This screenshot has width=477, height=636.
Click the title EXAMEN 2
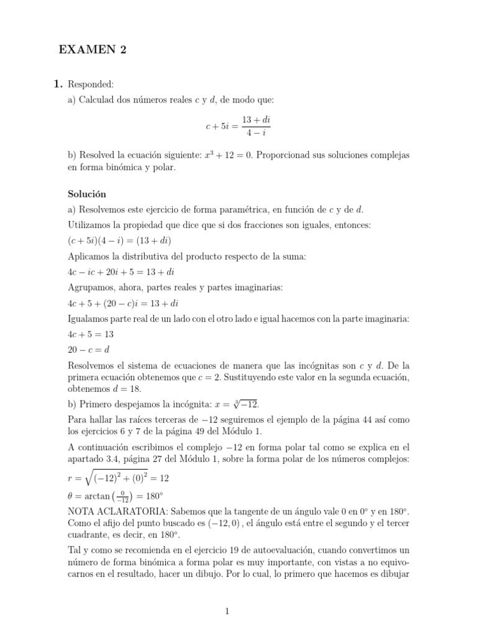click(x=93, y=51)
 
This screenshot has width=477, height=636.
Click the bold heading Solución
click(x=87, y=194)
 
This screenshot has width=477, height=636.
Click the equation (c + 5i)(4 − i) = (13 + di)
click(x=119, y=240)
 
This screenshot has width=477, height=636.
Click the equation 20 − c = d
click(x=88, y=350)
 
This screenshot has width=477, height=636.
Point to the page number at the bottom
click(x=227, y=612)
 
